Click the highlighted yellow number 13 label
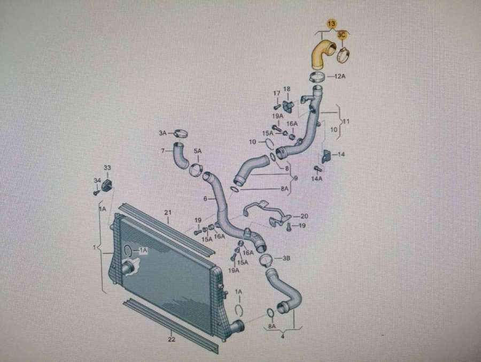coord(331,23)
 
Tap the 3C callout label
coord(343,35)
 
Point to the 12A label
coord(340,77)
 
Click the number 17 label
coord(276,93)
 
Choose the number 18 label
coord(287,89)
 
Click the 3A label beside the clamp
coord(163,132)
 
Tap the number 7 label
coord(163,150)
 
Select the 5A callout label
coord(197,152)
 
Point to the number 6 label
coord(204,199)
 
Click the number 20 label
coord(304,216)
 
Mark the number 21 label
coord(167,213)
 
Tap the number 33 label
coord(107,168)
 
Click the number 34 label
coord(97,180)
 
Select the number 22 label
coord(172,338)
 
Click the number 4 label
coord(282,336)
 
